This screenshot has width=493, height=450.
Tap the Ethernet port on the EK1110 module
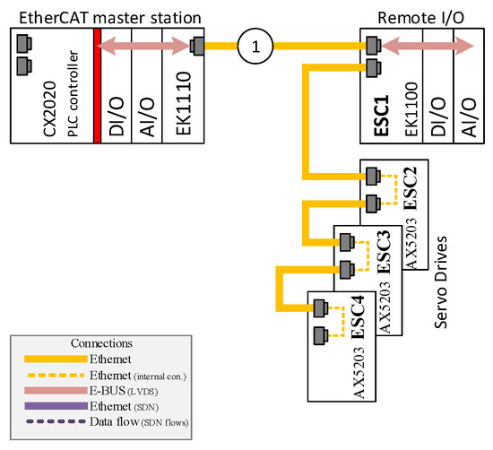197,46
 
